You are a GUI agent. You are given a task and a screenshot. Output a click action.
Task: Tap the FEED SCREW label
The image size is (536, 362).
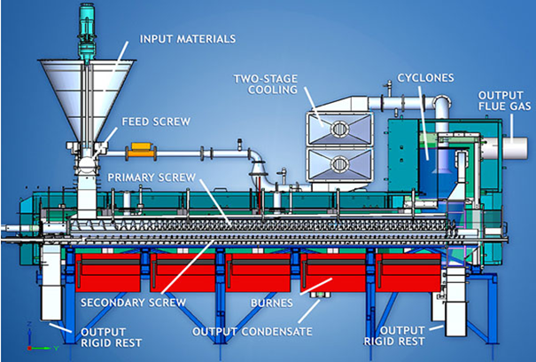click(x=152, y=122)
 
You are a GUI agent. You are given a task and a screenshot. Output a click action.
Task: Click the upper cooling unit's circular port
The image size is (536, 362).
click(x=338, y=128)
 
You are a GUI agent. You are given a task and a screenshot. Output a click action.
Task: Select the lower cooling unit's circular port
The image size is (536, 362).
click(x=338, y=165)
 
